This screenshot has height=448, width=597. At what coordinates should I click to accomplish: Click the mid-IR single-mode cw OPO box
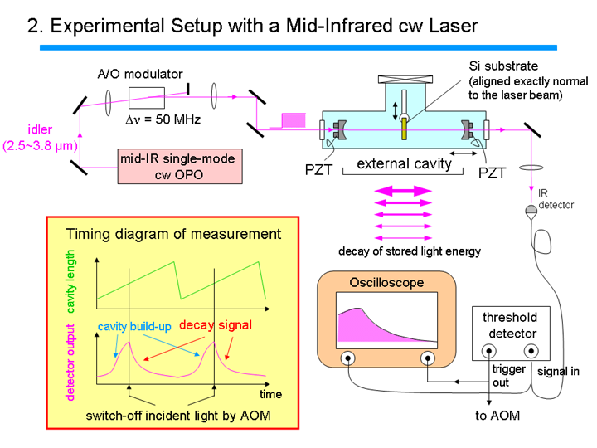180,167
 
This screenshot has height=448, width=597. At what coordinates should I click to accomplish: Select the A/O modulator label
140,74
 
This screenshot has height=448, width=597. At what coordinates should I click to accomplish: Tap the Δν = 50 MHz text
163,119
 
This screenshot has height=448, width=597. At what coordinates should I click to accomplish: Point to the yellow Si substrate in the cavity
404,129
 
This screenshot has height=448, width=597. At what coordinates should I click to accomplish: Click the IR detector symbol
531,212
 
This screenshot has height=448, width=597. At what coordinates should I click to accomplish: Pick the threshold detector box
511,334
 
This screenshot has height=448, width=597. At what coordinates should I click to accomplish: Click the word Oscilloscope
386,283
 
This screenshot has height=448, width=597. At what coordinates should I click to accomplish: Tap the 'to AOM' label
498,416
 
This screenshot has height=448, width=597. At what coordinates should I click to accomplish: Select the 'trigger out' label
508,376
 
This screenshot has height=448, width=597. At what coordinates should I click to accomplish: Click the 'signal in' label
558,371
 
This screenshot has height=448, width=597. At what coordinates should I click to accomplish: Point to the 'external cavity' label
404,163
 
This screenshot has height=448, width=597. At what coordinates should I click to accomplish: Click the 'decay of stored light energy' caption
410,251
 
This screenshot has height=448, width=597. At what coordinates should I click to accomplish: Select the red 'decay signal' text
216,325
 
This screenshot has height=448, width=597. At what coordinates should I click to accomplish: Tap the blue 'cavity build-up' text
134,327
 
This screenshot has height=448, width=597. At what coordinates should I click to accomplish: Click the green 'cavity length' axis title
70,281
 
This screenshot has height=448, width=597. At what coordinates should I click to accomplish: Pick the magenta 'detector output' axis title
70,363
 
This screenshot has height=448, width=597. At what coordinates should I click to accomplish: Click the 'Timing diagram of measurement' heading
173,234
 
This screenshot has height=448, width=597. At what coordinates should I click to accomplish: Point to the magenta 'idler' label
40,129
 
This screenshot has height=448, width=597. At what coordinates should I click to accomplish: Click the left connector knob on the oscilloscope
347,358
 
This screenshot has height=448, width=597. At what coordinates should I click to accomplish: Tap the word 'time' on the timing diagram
270,394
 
